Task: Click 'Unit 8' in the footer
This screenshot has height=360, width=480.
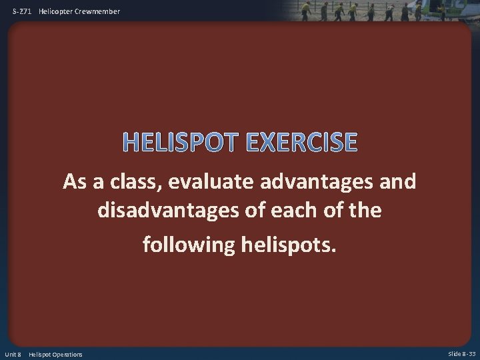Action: pos(14,354)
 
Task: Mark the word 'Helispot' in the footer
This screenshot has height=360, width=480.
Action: pos(39,354)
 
